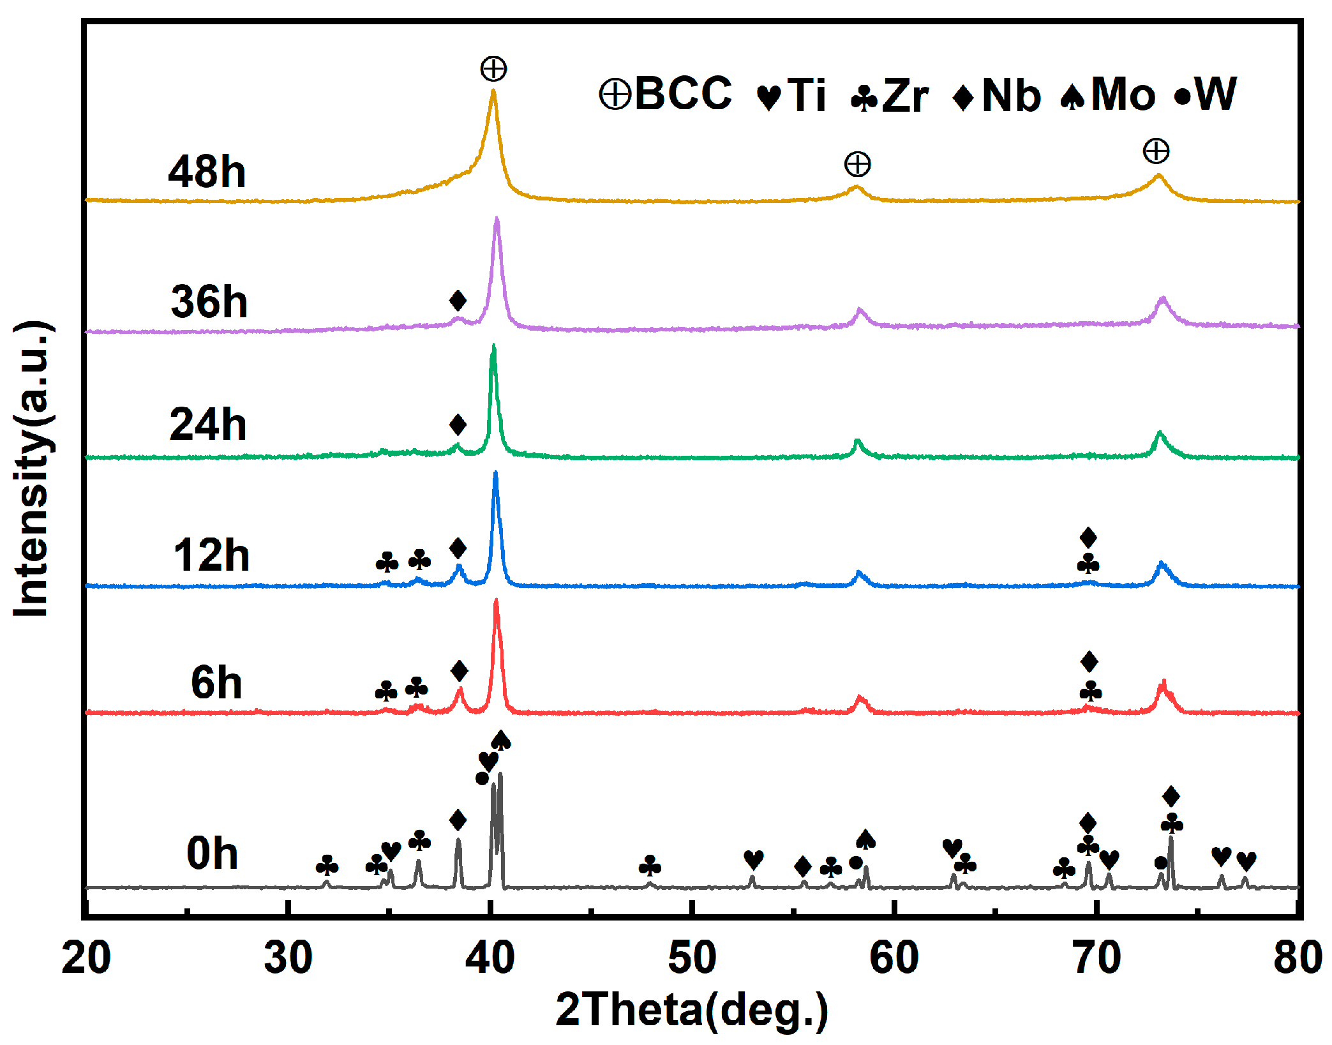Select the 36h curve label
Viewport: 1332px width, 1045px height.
pos(209,302)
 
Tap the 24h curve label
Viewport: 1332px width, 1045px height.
pos(207,425)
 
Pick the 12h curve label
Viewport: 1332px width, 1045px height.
pos(211,555)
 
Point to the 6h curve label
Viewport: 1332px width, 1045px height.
pos(216,682)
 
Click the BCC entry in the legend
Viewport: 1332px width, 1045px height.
pos(666,94)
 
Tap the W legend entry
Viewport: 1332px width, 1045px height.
pos(1205,94)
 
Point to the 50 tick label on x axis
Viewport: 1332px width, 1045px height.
pos(692,958)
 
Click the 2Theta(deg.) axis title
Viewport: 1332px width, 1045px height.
pos(692,1011)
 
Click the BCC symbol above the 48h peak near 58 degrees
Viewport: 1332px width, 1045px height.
pos(857,164)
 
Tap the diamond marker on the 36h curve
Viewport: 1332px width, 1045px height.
pos(458,300)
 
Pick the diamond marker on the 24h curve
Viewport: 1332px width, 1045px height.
pos(458,425)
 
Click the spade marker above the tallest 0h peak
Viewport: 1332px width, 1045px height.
pos(501,741)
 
